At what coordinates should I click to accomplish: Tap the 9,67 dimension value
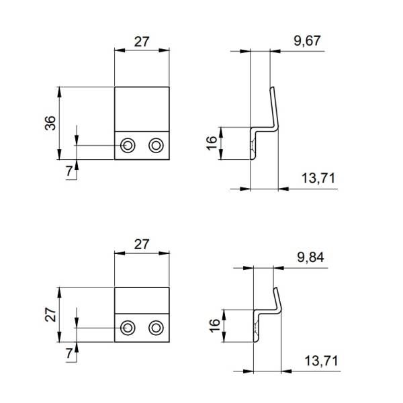pyautogui.click(x=307, y=41)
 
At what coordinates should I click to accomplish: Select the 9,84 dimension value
pyautogui.click(x=309, y=256)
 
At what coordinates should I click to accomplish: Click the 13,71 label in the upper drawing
pyautogui.click(x=318, y=178)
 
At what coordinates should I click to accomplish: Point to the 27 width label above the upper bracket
pyautogui.click(x=141, y=41)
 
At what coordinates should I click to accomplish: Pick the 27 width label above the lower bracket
pyautogui.click(x=141, y=244)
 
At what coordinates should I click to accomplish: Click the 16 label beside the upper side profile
pyautogui.click(x=212, y=142)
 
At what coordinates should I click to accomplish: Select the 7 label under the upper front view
pyautogui.click(x=69, y=171)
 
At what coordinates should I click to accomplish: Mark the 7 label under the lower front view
pyautogui.click(x=69, y=353)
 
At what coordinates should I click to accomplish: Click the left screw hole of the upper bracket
pyautogui.click(x=128, y=144)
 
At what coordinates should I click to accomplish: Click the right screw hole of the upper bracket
pyautogui.click(x=156, y=144)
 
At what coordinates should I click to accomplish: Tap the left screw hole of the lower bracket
pyautogui.click(x=128, y=327)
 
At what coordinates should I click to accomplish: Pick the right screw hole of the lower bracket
pyautogui.click(x=156, y=327)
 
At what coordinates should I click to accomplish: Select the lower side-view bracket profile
pyautogui.click(x=267, y=312)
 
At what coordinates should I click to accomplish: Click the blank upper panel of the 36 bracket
pyautogui.click(x=141, y=107)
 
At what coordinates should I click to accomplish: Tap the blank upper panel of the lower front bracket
pyautogui.click(x=141, y=300)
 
